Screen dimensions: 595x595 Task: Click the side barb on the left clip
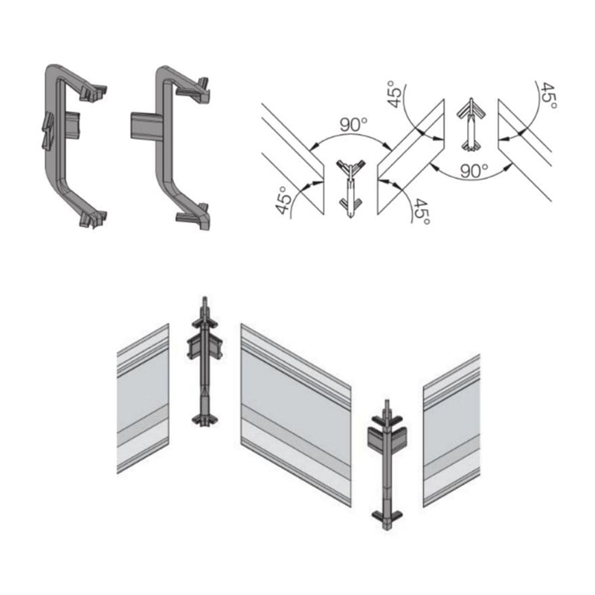[48, 129]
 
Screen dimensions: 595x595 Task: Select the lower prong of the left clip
[93, 219]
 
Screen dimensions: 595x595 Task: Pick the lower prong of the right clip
[193, 217]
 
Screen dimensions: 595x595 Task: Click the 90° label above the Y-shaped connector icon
[354, 125]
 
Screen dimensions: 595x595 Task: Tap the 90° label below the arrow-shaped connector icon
[474, 171]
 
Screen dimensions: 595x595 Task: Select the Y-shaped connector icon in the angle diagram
[351, 189]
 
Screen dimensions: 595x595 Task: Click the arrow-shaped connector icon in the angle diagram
[472, 124]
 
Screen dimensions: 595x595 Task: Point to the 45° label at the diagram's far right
[548, 95]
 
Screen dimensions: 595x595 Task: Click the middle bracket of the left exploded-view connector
[205, 346]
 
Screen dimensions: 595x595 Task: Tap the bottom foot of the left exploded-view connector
[205, 419]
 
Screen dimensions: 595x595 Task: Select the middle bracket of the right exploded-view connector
[387, 439]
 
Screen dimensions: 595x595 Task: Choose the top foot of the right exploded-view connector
[387, 420]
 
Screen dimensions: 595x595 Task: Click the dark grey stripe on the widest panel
[296, 440]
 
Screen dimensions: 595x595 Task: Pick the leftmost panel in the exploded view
[143, 399]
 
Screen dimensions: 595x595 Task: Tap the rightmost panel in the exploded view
[451, 431]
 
